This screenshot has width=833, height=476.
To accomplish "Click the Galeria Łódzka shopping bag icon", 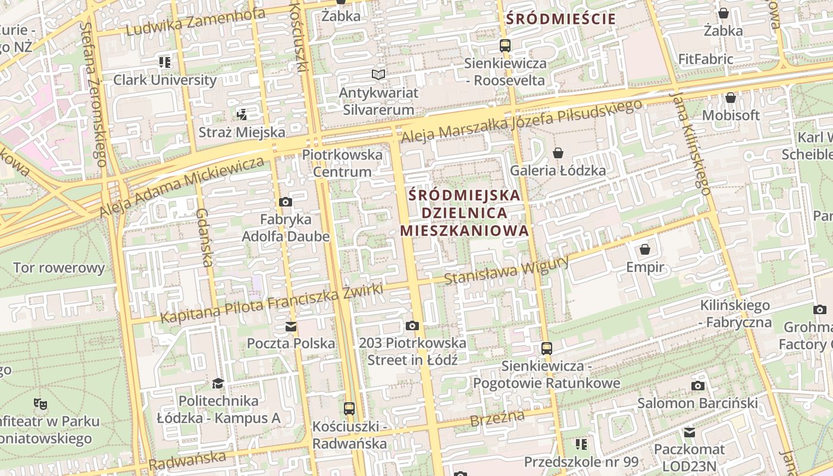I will [558, 153].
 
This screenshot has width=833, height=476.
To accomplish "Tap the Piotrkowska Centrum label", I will [342, 163].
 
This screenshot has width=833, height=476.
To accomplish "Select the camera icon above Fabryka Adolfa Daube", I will [286, 202].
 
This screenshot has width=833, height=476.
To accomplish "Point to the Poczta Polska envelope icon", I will [291, 326].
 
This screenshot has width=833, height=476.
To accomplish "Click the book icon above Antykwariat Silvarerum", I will [378, 75].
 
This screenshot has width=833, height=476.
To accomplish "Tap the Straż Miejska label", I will [242, 132].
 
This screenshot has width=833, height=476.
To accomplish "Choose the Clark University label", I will [165, 80].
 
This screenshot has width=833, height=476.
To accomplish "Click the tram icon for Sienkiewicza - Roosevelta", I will [505, 45].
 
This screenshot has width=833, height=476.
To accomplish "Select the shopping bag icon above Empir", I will [645, 249].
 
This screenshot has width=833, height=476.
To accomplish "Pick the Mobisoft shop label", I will [731, 115].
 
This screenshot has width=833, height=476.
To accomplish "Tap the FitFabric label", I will [706, 59].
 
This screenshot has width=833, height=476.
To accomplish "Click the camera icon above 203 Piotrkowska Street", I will [412, 325].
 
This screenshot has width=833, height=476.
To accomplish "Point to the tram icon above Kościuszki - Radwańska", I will [349, 409].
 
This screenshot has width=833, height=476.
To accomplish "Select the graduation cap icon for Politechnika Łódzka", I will [218, 383].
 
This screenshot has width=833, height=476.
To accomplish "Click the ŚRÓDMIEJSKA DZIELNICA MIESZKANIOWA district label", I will [465, 212].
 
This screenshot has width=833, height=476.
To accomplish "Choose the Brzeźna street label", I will [497, 418].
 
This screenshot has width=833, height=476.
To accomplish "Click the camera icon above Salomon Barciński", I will [698, 386].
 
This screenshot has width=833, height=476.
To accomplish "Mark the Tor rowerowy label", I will [59, 268].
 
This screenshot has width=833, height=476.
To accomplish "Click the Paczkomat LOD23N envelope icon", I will [690, 433].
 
